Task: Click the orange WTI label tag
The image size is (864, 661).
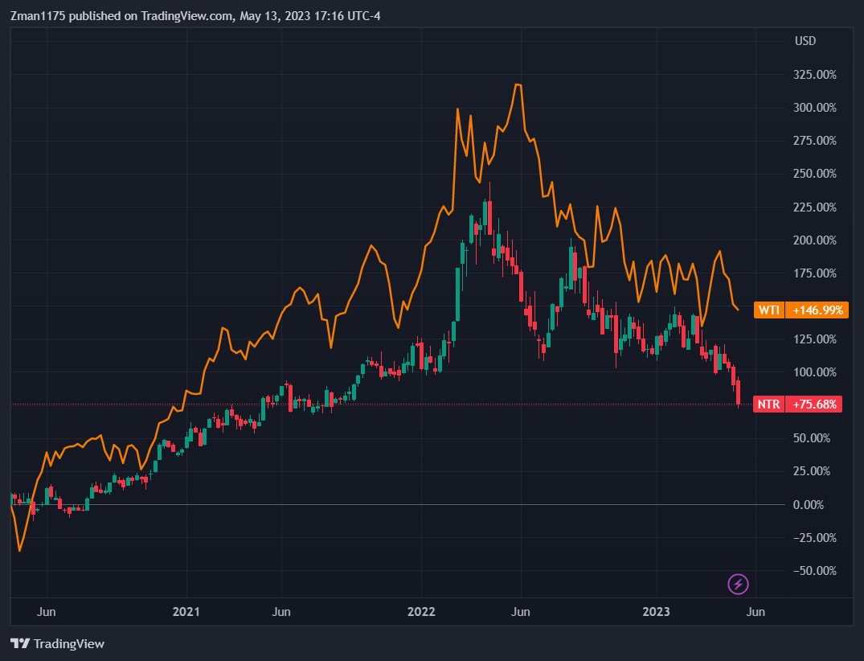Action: coord(769,310)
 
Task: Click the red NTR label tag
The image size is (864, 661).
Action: coord(769,404)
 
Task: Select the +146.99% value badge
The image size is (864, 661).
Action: coord(817,310)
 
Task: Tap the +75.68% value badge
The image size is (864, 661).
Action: coord(817,404)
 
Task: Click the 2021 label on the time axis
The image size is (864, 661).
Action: coord(186,612)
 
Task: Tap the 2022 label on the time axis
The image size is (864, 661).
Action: coord(421,612)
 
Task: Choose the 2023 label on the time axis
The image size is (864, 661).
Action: coord(656,612)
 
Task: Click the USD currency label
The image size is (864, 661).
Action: coord(806,41)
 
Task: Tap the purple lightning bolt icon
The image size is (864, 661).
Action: coord(738,585)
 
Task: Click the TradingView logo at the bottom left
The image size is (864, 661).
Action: coord(58,643)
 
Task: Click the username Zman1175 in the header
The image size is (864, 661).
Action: coord(38,16)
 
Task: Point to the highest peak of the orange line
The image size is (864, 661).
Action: coord(518,84)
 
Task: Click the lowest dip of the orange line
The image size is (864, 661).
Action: coord(19,551)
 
